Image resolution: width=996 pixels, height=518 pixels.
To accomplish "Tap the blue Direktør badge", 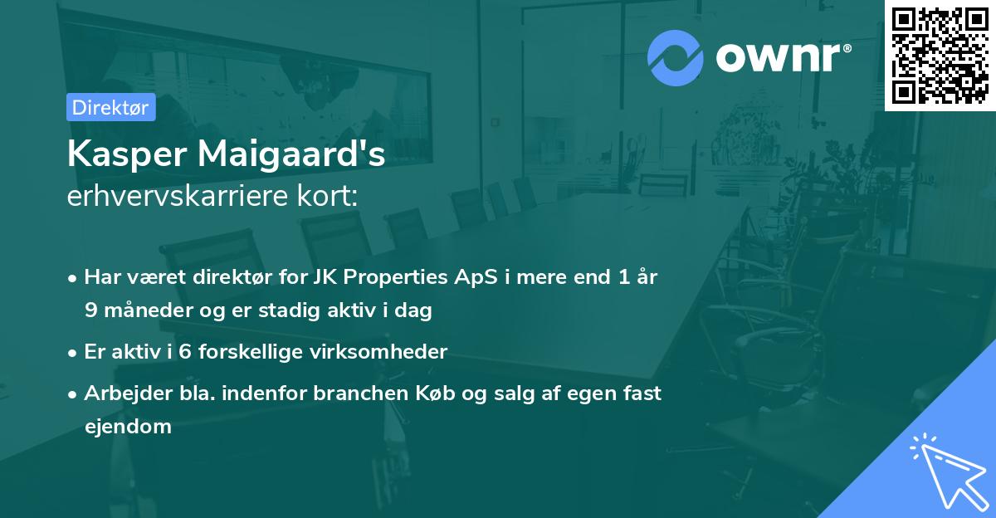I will pos(110,107).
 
